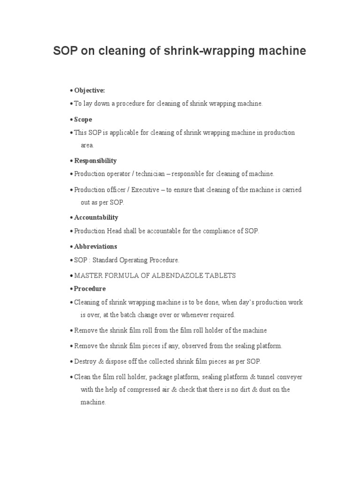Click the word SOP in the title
pos(65,51)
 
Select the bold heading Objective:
pos(90,90)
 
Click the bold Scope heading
pos(83,119)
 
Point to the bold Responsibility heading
pos(95,160)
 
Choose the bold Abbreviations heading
pos(96,246)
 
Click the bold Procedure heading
pos(90,288)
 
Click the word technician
pos(152,174)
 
